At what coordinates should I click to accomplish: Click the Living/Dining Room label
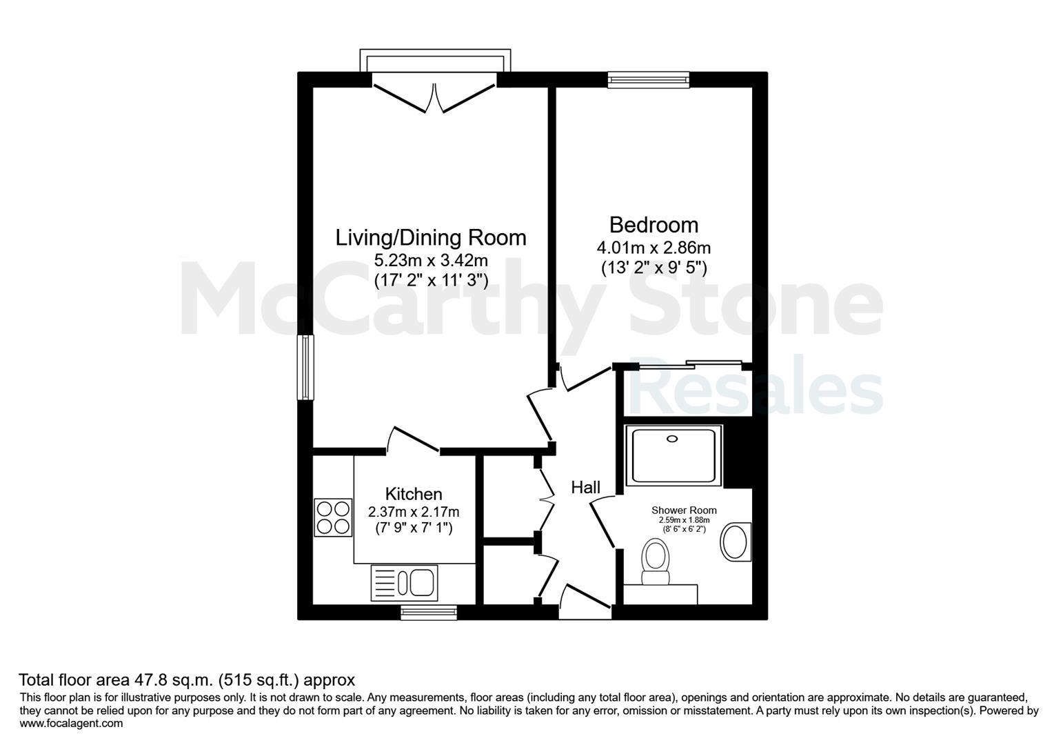point(431,238)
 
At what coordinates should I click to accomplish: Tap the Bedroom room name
point(654,225)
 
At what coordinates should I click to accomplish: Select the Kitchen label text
point(414,495)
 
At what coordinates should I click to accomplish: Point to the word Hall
point(585,487)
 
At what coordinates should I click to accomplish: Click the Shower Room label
point(684,510)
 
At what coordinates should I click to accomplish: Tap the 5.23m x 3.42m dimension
point(431,260)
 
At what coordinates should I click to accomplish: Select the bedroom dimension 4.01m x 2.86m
point(654,248)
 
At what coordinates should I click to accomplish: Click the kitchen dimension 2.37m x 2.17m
point(414,512)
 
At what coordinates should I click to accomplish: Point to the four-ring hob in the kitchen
point(333,517)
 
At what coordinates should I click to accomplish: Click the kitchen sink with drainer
point(405,583)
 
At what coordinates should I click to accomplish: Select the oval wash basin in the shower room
point(736,542)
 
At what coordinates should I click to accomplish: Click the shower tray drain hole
point(672,439)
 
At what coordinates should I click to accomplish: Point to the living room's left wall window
point(305,368)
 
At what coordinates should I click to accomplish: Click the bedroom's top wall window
point(649,80)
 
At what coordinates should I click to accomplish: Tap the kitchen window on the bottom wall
point(429,613)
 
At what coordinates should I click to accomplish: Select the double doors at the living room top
point(434,98)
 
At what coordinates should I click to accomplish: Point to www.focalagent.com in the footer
point(71,724)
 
